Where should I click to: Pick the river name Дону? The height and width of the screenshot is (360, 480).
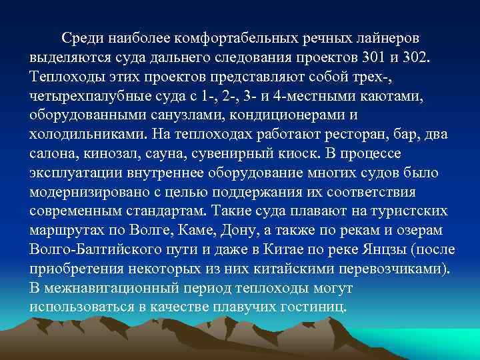250,231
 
